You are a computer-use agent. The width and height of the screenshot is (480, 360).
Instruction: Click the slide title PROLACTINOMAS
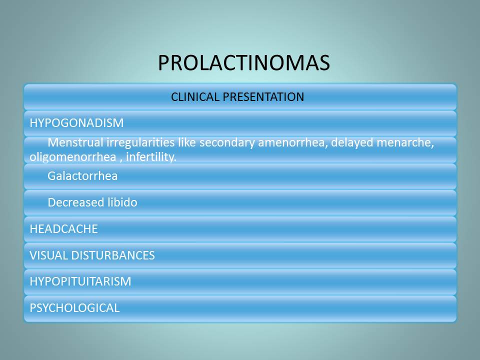244,63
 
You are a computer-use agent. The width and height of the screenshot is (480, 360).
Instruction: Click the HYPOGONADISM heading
76,123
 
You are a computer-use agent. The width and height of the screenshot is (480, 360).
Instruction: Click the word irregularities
140,143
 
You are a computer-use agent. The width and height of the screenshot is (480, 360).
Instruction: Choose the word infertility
151,157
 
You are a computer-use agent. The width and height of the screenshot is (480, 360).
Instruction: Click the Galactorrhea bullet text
82,176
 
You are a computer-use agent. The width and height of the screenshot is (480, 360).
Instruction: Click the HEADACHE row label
63,229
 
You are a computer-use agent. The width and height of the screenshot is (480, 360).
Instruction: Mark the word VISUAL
48,255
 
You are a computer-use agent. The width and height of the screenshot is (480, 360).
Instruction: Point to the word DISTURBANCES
113,255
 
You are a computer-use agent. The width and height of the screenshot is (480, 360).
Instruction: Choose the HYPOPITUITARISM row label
80,281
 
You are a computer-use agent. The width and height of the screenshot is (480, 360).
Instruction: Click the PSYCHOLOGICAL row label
74,308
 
